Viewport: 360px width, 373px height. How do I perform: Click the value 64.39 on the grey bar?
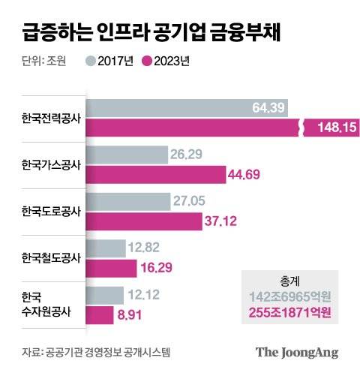click(x=268, y=110)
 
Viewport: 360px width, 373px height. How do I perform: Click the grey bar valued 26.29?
click(x=127, y=155)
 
